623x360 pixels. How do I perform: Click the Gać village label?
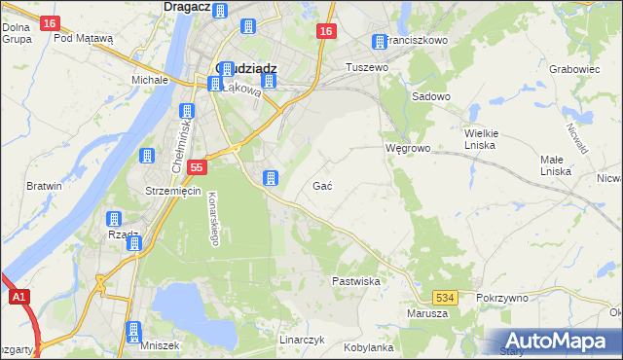(x=324, y=185)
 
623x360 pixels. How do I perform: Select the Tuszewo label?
(x=369, y=67)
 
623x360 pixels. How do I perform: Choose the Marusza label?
(x=427, y=313)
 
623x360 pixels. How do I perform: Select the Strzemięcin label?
(x=172, y=191)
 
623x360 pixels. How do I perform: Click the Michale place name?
(x=150, y=79)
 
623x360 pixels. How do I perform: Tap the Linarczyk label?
(x=301, y=341)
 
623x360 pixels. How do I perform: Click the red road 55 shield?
(x=197, y=167)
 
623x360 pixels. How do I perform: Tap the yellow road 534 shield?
(x=446, y=296)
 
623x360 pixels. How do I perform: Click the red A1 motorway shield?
(x=18, y=298)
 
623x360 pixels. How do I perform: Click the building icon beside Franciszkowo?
(x=379, y=42)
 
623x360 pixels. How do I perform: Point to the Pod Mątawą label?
(x=84, y=39)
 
